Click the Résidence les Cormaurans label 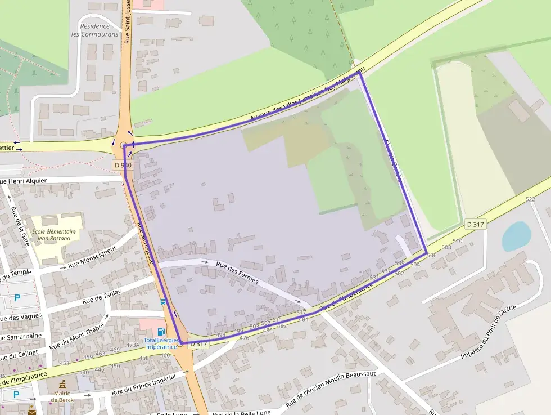[x=99, y=30]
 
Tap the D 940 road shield [x=123, y=165]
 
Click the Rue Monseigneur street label [x=92, y=256]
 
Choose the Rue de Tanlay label [x=102, y=296]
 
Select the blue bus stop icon [x=163, y=302]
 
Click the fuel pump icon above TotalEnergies [x=161, y=332]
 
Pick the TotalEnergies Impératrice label [x=161, y=343]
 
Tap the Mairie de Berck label [x=62, y=396]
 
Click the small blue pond [x=516, y=236]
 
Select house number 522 [x=530, y=199]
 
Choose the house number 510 [x=458, y=241]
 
